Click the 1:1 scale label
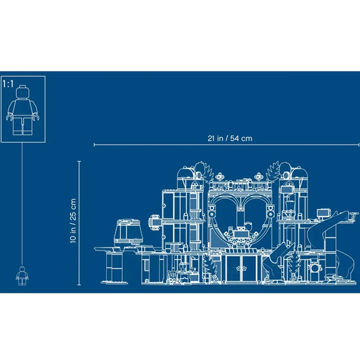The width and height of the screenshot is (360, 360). (x=8, y=84)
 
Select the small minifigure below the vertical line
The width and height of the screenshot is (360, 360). (x=22, y=276)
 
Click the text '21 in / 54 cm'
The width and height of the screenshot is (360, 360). (x=230, y=139)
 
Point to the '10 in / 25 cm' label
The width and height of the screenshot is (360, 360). (x=73, y=221)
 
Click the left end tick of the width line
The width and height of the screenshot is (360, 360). (x=94, y=144)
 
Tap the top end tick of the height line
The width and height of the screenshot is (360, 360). (x=79, y=162)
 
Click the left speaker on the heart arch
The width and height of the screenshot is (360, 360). (x=211, y=211)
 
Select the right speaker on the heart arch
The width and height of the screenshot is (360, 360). (x=270, y=211)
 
